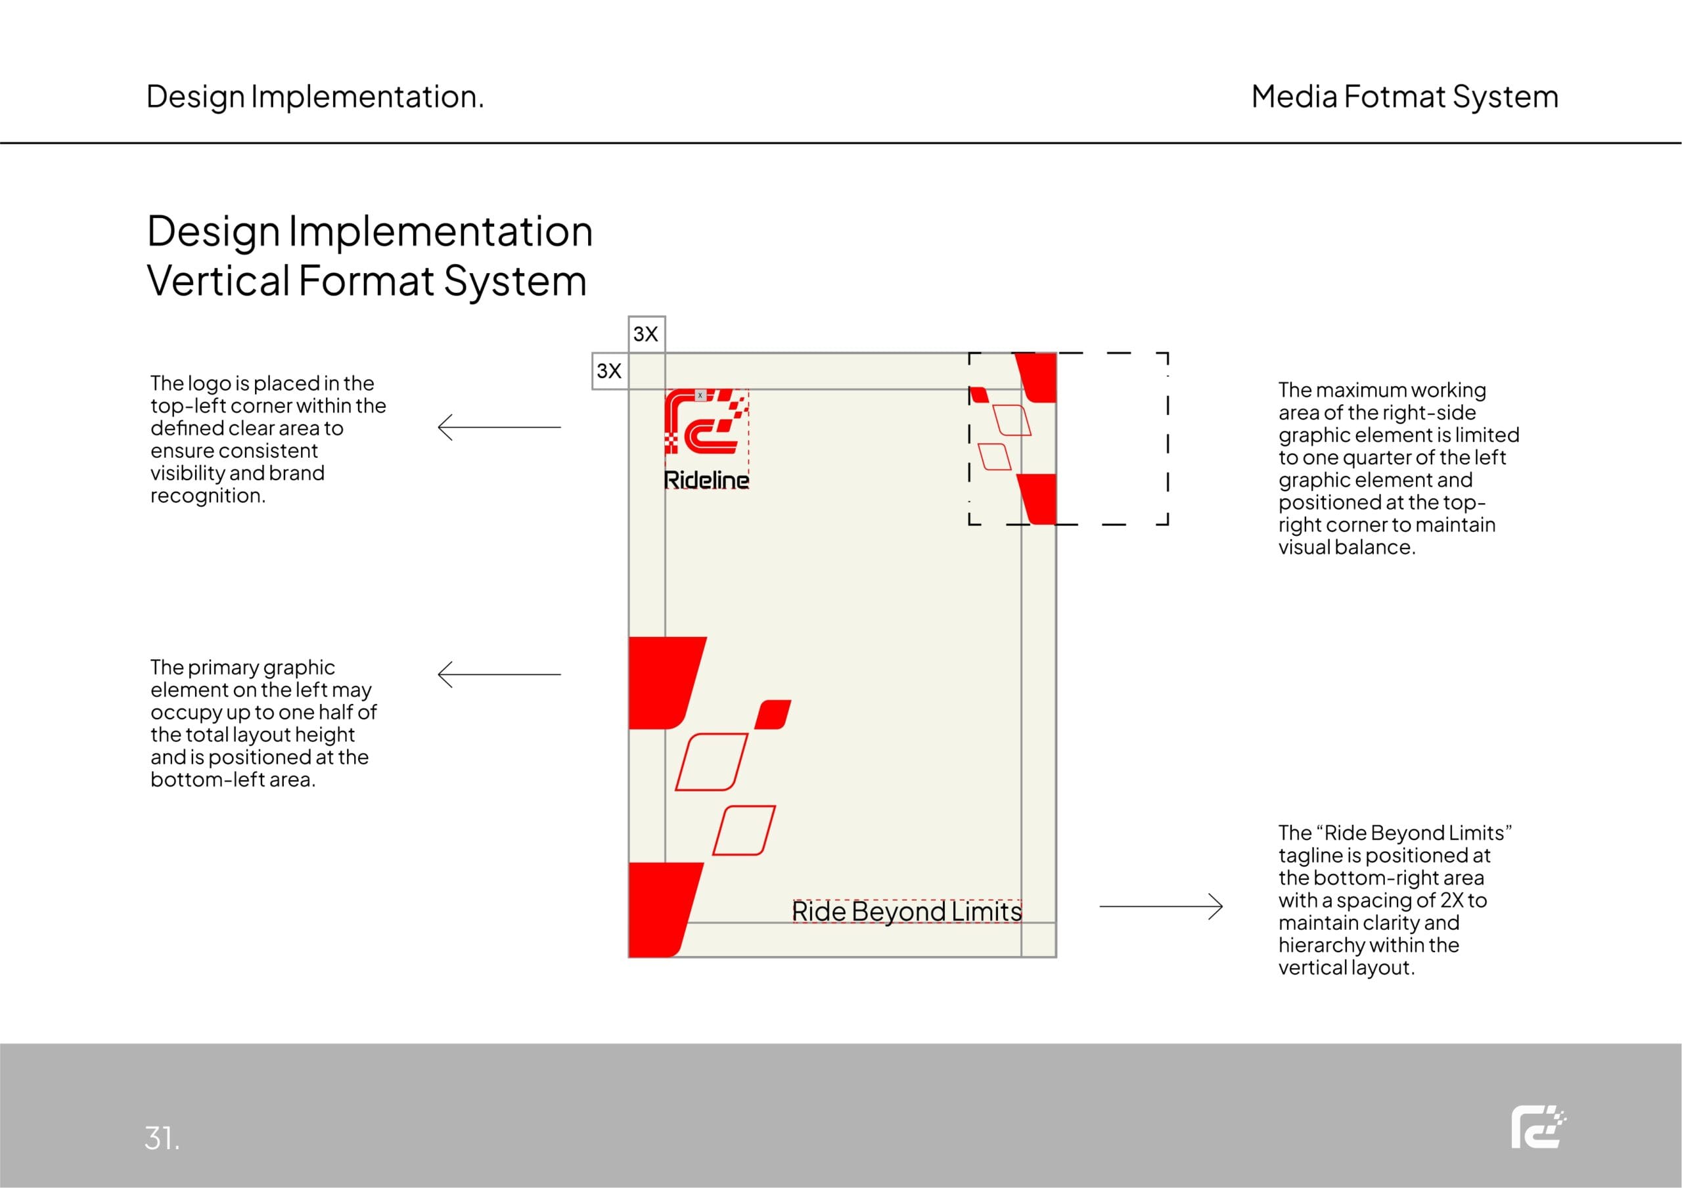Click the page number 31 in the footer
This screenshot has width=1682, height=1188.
[x=162, y=1137]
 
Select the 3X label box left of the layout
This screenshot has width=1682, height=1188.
[x=610, y=370]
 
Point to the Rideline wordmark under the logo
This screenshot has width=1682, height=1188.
[x=706, y=480]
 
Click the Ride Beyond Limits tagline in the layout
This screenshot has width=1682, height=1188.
[x=906, y=911]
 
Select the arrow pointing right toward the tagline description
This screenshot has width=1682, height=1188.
[x=1161, y=907]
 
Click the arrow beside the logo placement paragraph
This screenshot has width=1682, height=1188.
[x=499, y=427]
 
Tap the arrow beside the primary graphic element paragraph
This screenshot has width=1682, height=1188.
[x=499, y=674]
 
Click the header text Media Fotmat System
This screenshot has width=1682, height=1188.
[x=1404, y=97]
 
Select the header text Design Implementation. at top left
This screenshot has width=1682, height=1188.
[x=315, y=97]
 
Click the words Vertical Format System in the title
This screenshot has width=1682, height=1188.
[x=367, y=280]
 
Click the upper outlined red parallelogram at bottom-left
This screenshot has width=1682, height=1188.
[x=712, y=762]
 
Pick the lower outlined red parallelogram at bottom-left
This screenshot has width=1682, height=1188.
[x=744, y=830]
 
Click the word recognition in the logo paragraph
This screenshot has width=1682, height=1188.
[x=208, y=496]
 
